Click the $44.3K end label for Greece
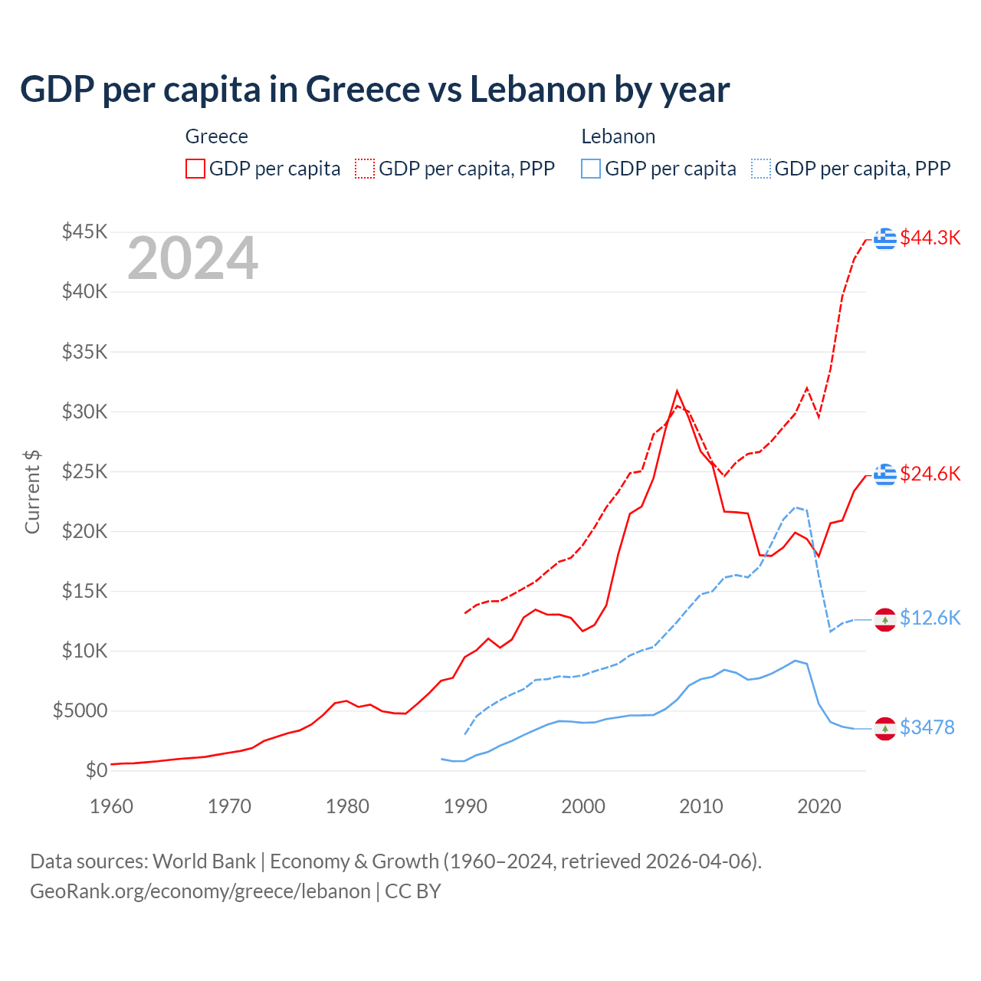930,238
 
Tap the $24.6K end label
930,474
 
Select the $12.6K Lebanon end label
930,618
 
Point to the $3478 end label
927,727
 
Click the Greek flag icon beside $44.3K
885,238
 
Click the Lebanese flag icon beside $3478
885,728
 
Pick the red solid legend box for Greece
195,169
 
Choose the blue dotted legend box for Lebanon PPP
761,169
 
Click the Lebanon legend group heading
618,136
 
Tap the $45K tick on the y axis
85,231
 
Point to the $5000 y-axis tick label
80,710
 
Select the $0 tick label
96,770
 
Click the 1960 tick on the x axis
112,806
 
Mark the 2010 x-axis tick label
701,806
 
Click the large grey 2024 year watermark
192,258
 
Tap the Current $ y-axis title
32,491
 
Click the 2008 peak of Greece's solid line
677,392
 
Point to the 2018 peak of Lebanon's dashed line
796,507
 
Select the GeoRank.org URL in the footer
200,891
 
